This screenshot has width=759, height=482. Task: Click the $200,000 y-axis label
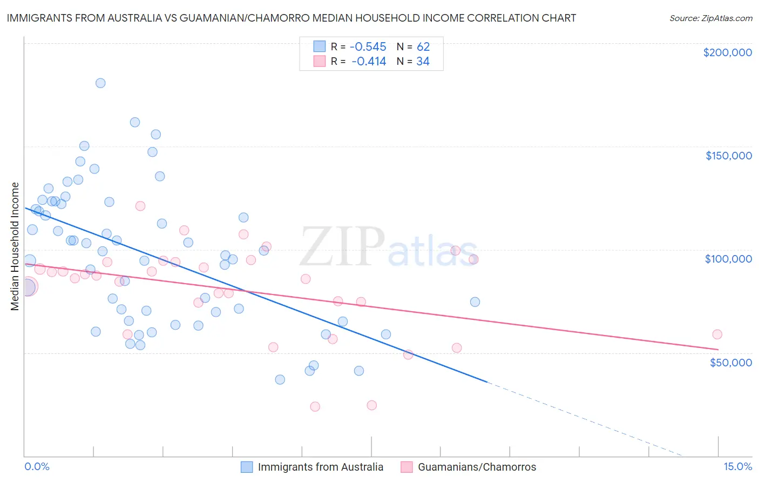[727, 52]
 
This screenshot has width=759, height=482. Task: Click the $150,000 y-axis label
[728, 156]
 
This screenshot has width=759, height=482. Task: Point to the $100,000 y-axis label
[728, 259]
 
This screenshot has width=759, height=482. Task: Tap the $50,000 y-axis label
[730, 363]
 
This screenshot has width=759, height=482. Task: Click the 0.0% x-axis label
[37, 467]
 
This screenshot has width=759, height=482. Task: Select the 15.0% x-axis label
[737, 467]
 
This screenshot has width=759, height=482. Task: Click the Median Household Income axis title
[15, 246]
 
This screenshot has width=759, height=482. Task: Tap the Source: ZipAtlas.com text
[710, 18]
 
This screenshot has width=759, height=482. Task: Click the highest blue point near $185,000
[100, 83]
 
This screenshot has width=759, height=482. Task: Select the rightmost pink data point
[717, 334]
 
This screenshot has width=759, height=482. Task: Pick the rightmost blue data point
[475, 302]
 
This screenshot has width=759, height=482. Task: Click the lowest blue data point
[280, 380]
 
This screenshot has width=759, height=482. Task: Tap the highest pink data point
[140, 206]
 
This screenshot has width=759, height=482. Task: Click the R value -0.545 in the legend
[368, 46]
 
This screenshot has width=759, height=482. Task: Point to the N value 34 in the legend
[423, 62]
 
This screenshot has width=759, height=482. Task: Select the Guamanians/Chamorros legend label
[477, 467]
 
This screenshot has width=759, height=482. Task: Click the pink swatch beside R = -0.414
[320, 61]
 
